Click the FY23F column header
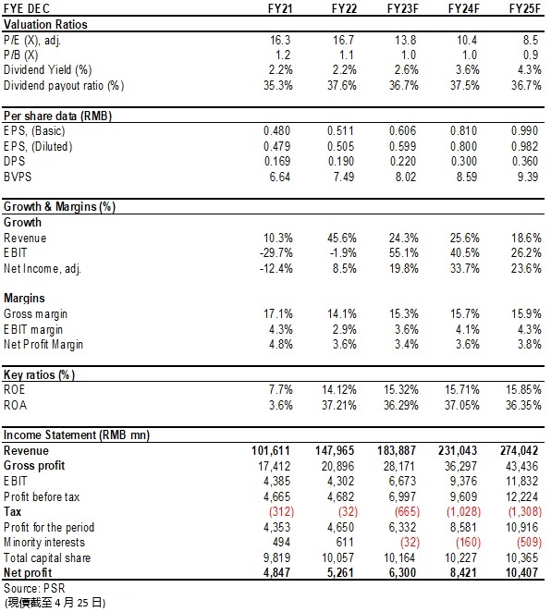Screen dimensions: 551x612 point(402,8)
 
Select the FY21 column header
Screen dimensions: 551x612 point(280,8)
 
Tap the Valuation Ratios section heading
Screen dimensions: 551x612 point(45,25)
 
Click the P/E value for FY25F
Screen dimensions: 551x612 point(530,40)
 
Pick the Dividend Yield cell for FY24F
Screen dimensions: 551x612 point(468,70)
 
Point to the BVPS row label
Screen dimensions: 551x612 point(18,177)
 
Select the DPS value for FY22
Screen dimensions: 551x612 point(341,161)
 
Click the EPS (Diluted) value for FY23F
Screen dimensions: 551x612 point(402,146)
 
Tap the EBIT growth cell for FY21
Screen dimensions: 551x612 point(275,253)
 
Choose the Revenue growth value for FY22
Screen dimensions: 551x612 point(341,238)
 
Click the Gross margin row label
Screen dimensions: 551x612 point(35,313)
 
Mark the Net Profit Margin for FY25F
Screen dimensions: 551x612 point(530,344)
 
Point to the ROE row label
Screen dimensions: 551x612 point(15,389)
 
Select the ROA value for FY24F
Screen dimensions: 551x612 point(462,405)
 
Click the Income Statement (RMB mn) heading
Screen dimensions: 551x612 point(77,435)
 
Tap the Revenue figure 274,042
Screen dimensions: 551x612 point(520,450)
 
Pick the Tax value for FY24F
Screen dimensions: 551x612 point(463,511)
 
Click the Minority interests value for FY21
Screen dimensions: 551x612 point(281,542)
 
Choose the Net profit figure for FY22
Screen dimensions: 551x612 point(340,572)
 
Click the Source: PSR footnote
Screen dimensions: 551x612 point(34,588)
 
